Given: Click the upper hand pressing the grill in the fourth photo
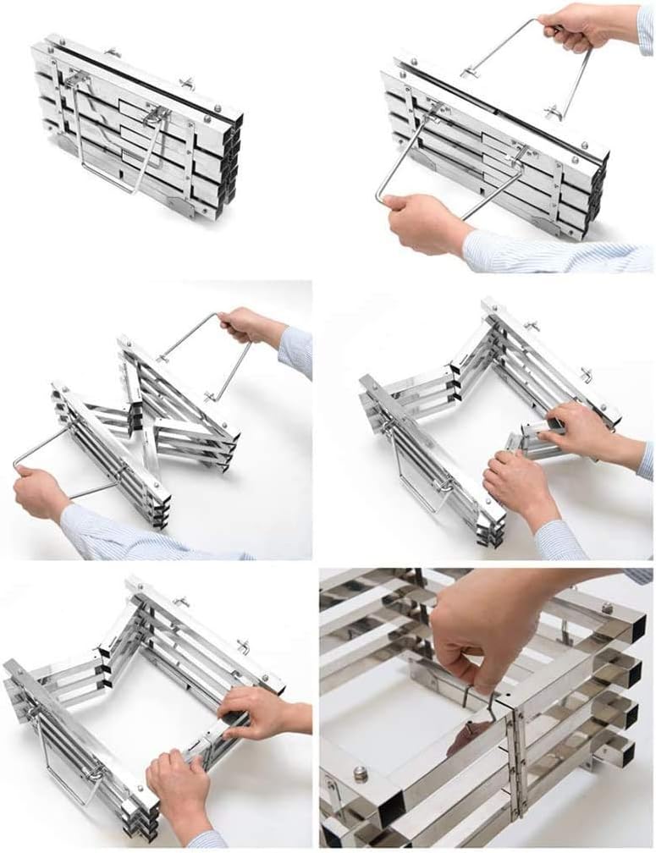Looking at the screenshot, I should (x=584, y=432).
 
